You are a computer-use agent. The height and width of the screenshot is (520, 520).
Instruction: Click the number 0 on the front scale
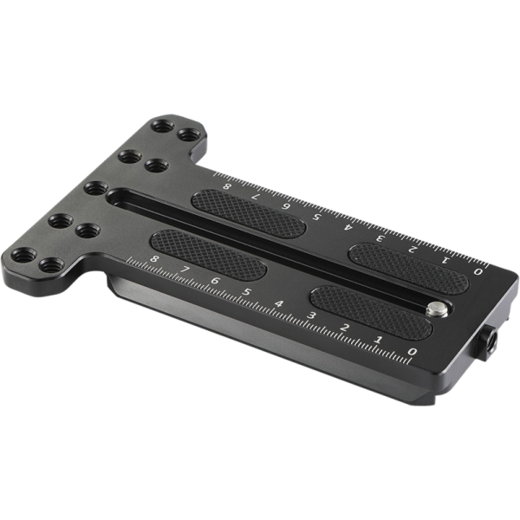pyautogui.click(x=413, y=351)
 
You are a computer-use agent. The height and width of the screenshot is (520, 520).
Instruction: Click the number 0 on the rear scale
pyautogui.click(x=478, y=271)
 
